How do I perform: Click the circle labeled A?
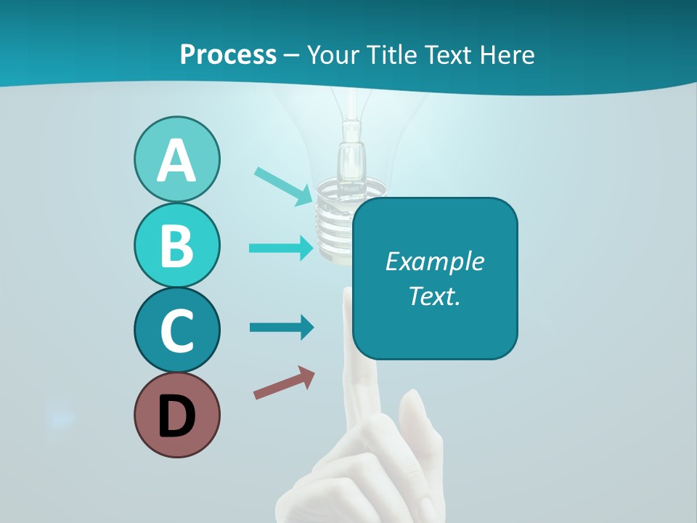pos(176,159)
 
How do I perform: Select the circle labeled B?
pos(176,245)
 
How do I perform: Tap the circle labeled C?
pos(176,330)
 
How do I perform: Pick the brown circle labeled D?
pos(176,415)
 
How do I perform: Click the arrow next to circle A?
pos(282,185)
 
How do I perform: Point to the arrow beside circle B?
pos(281,248)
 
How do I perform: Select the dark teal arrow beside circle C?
pos(281,327)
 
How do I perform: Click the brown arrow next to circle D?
pos(284,383)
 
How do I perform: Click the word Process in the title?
pos(228,54)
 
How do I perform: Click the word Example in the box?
pos(434,261)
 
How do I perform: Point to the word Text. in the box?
pos(434,296)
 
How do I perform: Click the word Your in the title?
pos(332,54)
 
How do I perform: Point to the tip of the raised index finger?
pos(349,295)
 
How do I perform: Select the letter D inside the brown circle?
pos(176,416)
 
